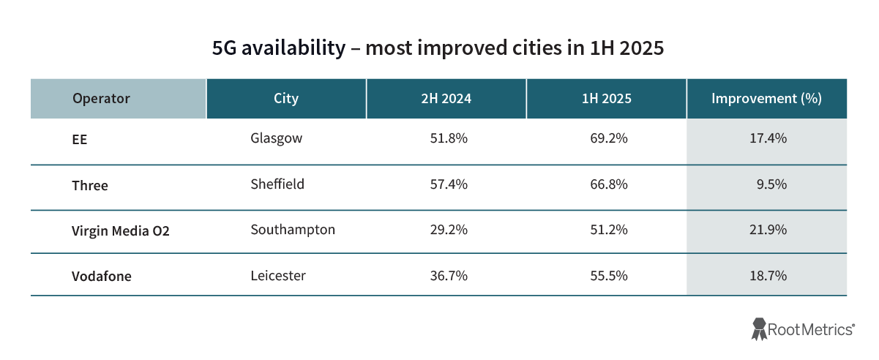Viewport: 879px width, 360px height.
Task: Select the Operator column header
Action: pyautogui.click(x=101, y=98)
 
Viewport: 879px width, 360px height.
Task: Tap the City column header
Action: pyautogui.click(x=286, y=98)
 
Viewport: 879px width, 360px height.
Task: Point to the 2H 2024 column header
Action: pyautogui.click(x=446, y=98)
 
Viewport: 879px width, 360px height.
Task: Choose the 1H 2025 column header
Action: pyautogui.click(x=606, y=98)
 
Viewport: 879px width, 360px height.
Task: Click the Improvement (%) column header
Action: pyautogui.click(x=766, y=98)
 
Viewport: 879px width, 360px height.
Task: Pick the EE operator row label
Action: pyautogui.click(x=80, y=139)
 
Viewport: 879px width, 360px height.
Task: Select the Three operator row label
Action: pyautogui.click(x=90, y=185)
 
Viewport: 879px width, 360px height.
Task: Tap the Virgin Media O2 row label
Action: pyautogui.click(x=116, y=231)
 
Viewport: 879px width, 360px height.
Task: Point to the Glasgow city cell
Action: pyautogui.click(x=276, y=138)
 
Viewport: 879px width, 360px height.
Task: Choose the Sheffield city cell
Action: pyautogui.click(x=277, y=184)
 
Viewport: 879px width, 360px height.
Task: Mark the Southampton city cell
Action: pyautogui.click(x=293, y=230)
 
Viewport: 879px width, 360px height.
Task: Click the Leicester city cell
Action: pyautogui.click(x=278, y=276)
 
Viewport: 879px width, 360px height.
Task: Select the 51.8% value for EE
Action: pyautogui.click(x=449, y=138)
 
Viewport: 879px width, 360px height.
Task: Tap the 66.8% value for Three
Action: pyautogui.click(x=609, y=184)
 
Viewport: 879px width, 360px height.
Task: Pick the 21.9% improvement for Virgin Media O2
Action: pyautogui.click(x=768, y=230)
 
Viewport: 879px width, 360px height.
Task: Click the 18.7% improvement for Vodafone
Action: pyautogui.click(x=768, y=276)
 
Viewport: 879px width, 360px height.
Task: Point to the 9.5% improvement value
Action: pyautogui.click(x=771, y=184)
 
